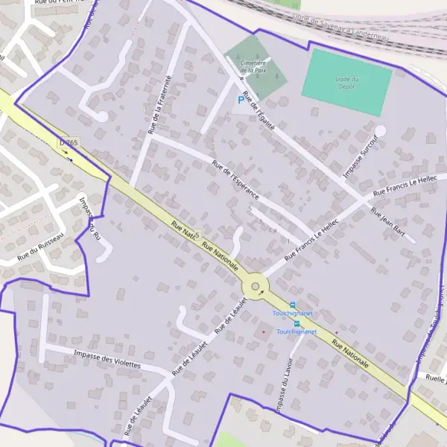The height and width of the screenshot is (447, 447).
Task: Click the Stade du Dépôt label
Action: (x=347, y=82)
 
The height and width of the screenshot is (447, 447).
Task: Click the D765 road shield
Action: (x=69, y=142)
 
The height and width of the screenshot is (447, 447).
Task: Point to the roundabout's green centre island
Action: (x=256, y=287)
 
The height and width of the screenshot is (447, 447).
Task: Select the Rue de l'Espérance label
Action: (x=235, y=180)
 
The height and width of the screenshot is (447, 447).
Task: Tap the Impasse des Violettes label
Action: (x=108, y=358)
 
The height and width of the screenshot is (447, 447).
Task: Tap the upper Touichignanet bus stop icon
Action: (x=293, y=305)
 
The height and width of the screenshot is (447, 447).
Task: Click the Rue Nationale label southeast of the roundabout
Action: (x=350, y=355)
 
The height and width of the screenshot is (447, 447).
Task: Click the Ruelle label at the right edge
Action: (x=436, y=378)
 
